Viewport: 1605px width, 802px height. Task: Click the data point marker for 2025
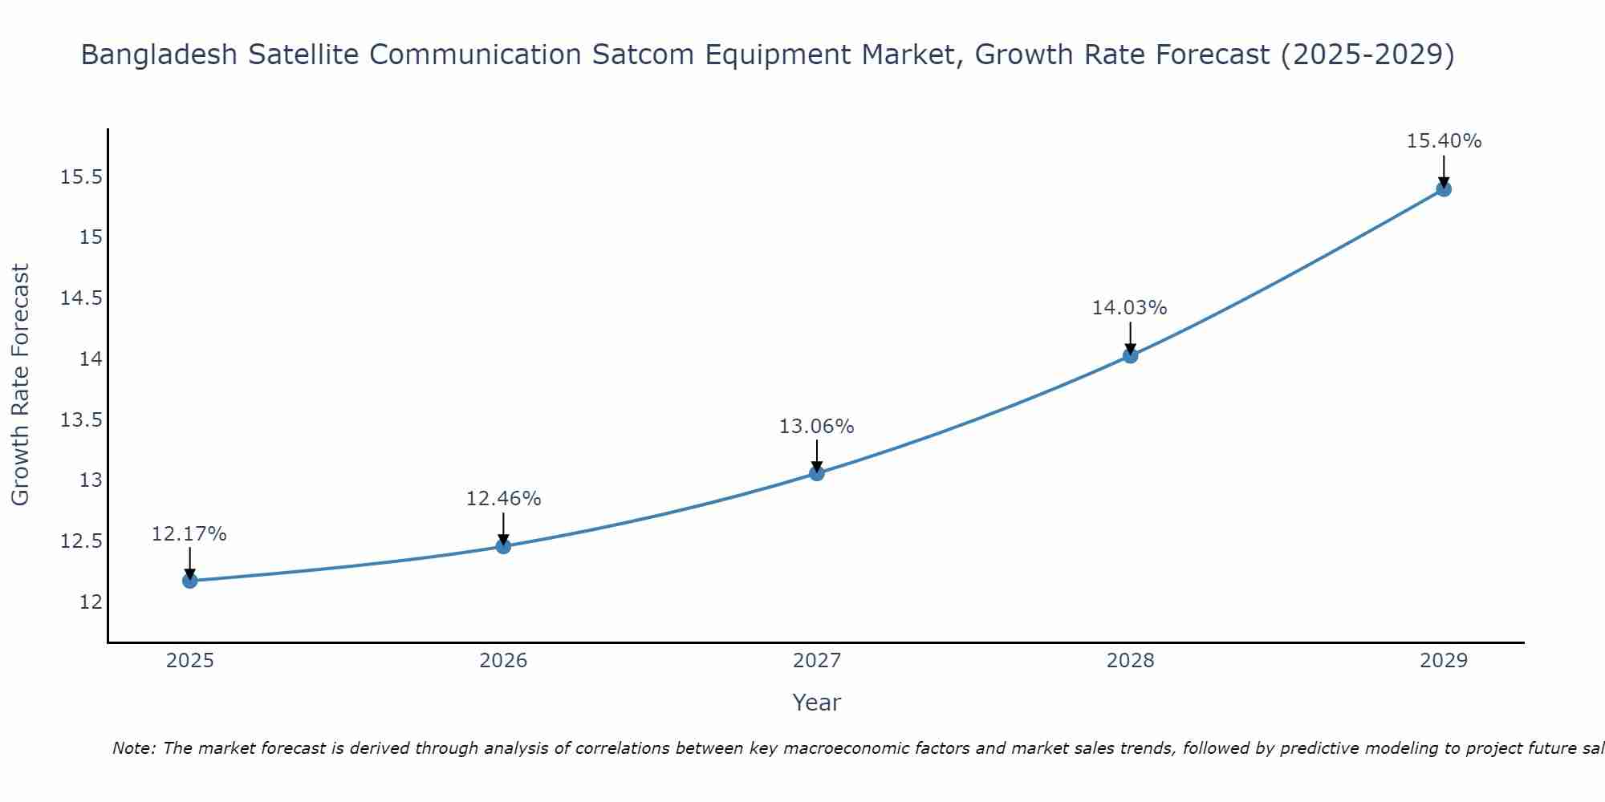(x=190, y=581)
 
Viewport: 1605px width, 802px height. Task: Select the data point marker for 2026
(x=503, y=546)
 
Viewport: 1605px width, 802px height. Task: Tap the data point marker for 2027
(x=817, y=473)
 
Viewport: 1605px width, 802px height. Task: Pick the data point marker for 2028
(x=1130, y=355)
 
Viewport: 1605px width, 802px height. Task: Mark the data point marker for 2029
(x=1444, y=189)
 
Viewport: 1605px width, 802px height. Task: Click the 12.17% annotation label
(x=189, y=534)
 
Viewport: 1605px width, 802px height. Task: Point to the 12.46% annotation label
(x=503, y=499)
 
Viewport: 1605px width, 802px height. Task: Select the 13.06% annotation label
(x=816, y=427)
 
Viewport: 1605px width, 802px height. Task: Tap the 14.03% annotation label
(x=1129, y=308)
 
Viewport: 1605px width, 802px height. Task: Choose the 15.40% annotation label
(x=1444, y=141)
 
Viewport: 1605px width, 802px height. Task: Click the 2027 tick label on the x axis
(x=817, y=661)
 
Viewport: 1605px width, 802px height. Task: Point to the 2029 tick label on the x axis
(x=1444, y=661)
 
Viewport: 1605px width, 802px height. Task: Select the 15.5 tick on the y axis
(x=81, y=176)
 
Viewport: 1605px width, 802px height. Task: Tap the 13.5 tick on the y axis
(x=81, y=419)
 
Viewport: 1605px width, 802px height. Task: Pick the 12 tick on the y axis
(x=91, y=601)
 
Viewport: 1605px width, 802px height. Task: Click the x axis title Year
(x=816, y=703)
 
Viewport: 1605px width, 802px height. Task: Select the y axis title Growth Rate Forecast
(x=21, y=385)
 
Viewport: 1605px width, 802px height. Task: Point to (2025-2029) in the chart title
(x=1367, y=55)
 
